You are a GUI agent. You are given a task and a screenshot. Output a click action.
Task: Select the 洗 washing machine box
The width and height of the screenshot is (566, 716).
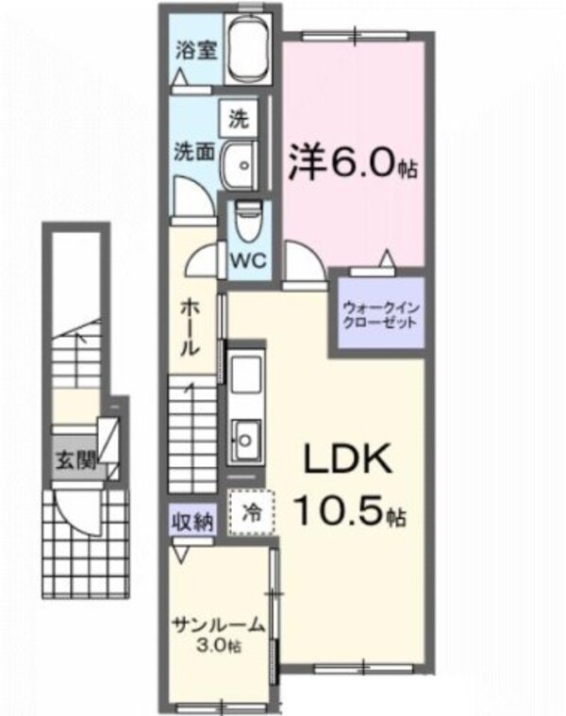click(239, 120)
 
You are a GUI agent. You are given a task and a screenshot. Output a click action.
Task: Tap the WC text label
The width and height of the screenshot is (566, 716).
click(248, 258)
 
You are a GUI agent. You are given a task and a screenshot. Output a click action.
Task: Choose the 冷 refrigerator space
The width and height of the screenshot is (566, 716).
click(253, 512)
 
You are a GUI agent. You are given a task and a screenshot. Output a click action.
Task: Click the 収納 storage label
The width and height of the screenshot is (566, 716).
click(192, 519)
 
